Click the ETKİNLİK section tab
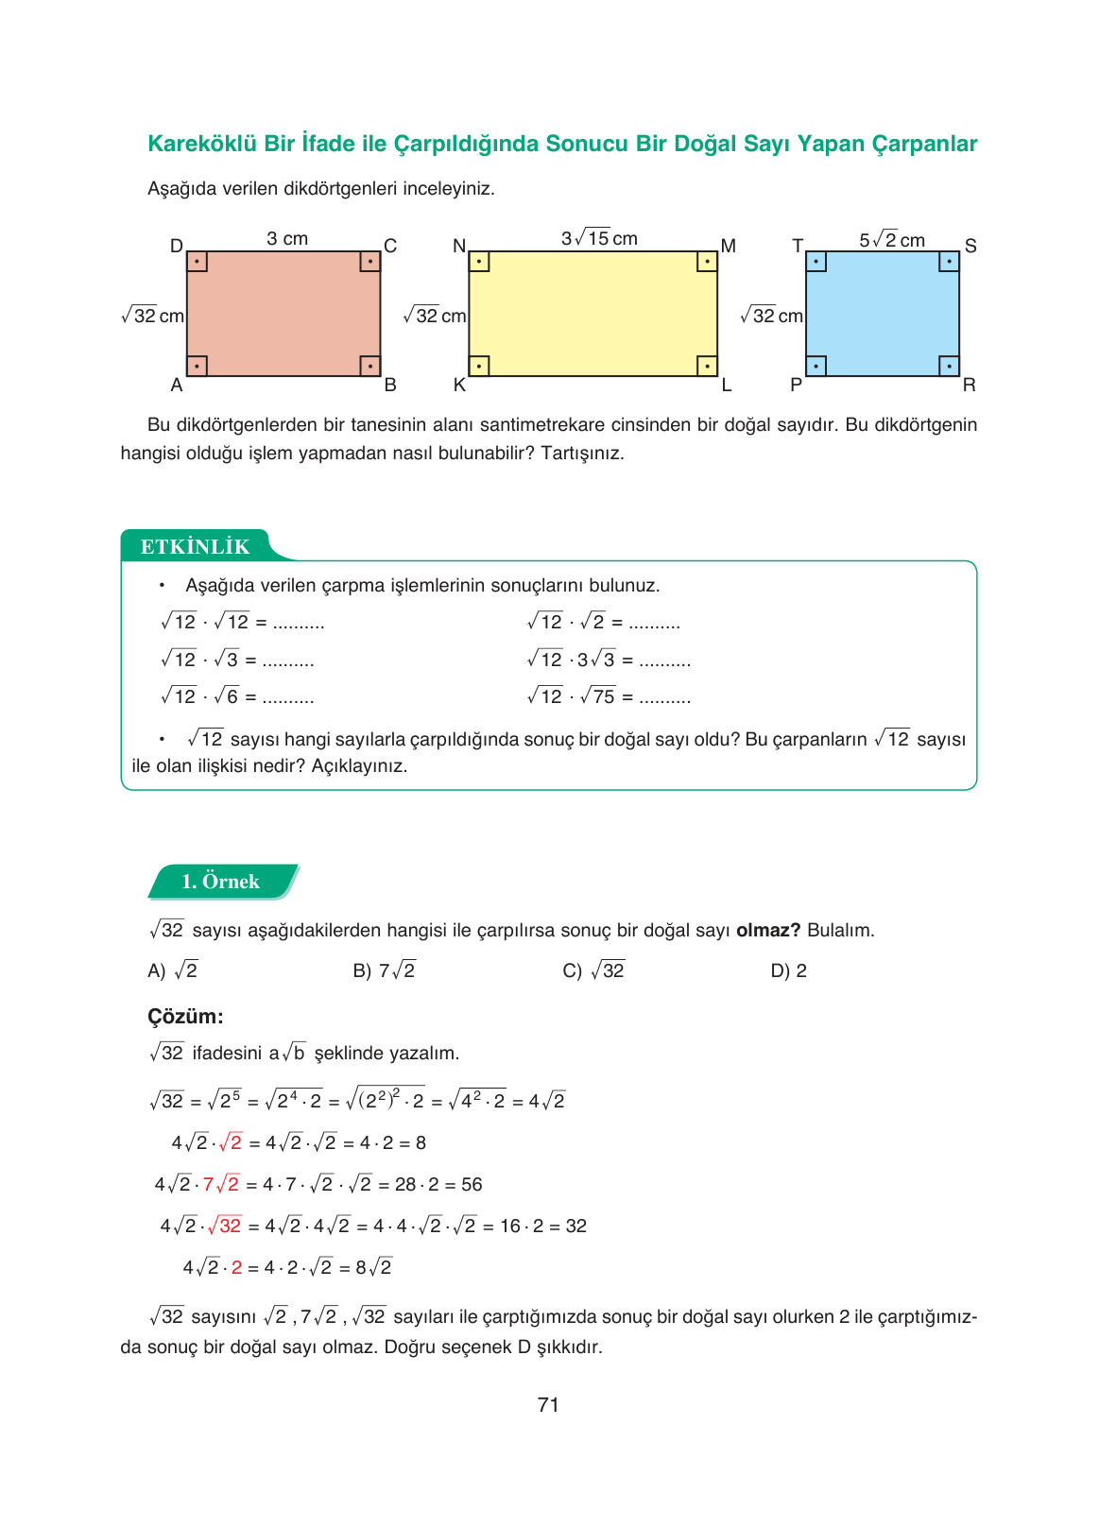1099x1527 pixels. pos(196,546)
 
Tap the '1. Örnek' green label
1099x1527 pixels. pos(221,881)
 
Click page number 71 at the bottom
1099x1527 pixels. pos(548,1405)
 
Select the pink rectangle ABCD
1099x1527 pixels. pos(283,314)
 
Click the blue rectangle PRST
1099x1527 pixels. pos(882,314)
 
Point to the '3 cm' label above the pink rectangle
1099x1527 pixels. pos(287,239)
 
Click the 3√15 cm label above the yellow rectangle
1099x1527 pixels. pos(599,238)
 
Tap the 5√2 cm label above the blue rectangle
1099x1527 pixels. pos(891,240)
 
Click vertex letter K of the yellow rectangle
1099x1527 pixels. pos(459,385)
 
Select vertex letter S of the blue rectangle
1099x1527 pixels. pos(970,246)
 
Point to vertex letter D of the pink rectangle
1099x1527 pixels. pos(176,246)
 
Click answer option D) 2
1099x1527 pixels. pos(788,970)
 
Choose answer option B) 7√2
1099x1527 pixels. pos(384,970)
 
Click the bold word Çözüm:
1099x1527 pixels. pos(185,1017)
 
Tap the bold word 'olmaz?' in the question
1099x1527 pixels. pos(767,930)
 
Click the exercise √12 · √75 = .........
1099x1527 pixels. pos(609,697)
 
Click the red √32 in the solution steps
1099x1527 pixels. pos(225,1226)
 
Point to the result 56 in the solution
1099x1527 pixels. pos(472,1184)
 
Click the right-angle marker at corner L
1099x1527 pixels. pos(707,366)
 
